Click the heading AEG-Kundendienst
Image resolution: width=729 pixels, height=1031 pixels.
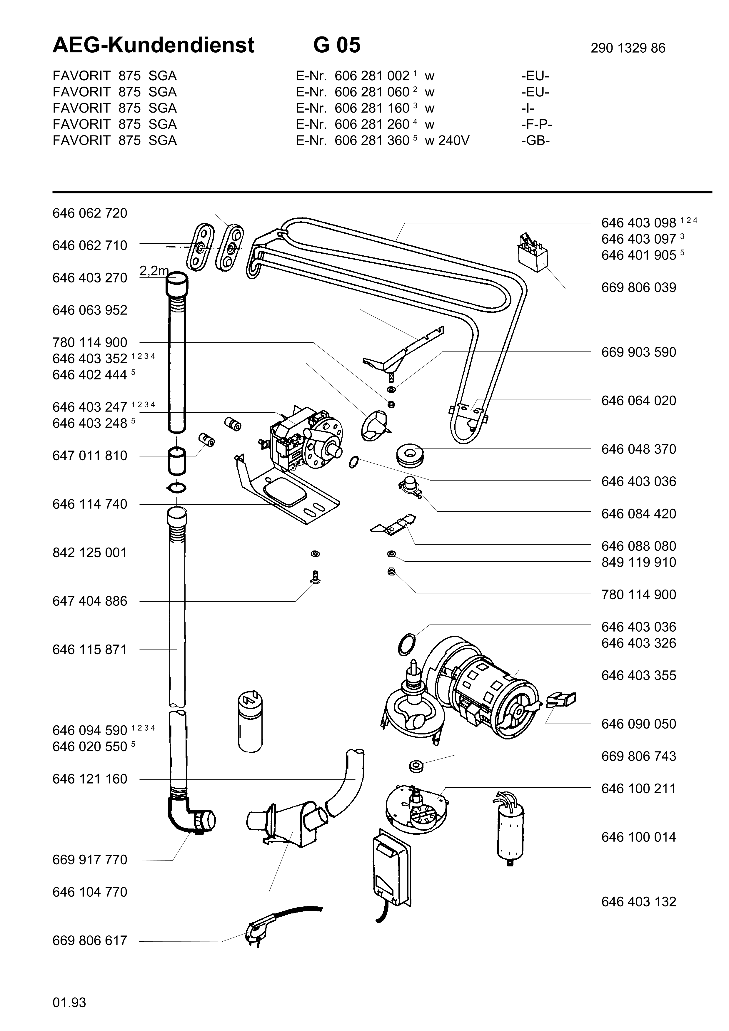coord(153,45)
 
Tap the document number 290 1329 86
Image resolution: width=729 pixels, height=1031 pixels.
coord(628,48)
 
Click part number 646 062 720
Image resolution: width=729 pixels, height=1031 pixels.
coord(90,213)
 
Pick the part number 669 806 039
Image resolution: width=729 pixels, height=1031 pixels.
coord(638,287)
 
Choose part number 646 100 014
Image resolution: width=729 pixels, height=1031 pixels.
coord(638,837)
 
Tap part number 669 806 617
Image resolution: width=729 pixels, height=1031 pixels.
coord(90,940)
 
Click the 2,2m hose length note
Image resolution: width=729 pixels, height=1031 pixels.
coord(154,271)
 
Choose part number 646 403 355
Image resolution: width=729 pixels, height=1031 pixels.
coord(638,675)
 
